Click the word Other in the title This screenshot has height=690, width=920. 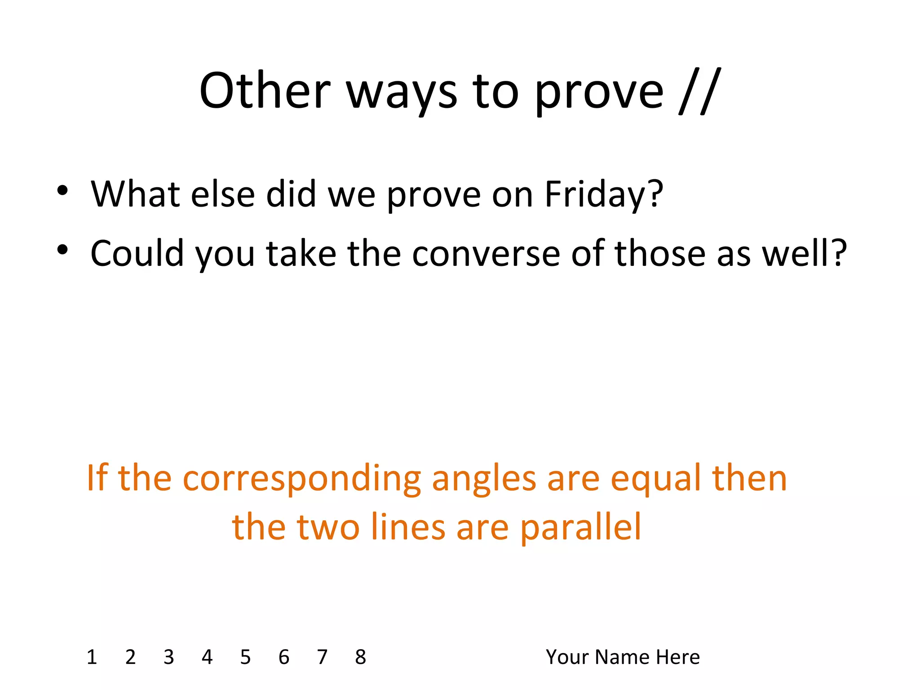pyautogui.click(x=265, y=91)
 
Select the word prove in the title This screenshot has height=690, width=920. pyautogui.click(x=599, y=94)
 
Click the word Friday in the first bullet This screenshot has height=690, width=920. pyautogui.click(x=604, y=195)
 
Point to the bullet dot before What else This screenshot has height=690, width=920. pyautogui.click(x=62, y=190)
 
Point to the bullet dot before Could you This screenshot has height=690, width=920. pyautogui.click(x=62, y=250)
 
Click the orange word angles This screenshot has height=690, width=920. pyautogui.click(x=484, y=480)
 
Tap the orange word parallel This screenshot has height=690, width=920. pyautogui.click(x=580, y=528)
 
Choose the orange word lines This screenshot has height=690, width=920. pyautogui.click(x=408, y=527)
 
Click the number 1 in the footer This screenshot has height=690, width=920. pyautogui.click(x=92, y=657)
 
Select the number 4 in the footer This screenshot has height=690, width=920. pyautogui.click(x=207, y=657)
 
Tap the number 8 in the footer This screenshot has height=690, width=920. pyautogui.click(x=360, y=657)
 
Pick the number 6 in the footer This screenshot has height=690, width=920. pyautogui.click(x=283, y=657)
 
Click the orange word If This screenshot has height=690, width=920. pyautogui.click(x=97, y=478)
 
